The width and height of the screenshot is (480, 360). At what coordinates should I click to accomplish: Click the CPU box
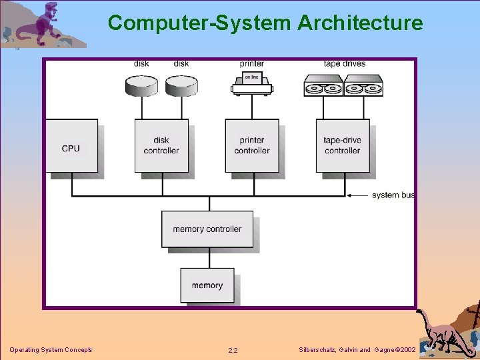71,146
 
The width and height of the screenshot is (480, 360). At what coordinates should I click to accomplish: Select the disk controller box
161,146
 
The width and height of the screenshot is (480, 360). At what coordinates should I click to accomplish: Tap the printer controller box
251,146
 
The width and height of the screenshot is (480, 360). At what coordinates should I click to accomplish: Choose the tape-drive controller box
342,146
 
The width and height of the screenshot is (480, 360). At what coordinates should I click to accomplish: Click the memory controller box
207,229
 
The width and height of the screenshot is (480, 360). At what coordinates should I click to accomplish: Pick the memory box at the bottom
207,285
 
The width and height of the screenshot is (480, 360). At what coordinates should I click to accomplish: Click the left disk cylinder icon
141,85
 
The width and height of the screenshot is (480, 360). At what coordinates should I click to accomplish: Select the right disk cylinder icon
181,85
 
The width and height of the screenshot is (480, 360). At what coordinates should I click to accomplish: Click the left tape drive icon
323,85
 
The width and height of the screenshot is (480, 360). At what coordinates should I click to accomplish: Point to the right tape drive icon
363,85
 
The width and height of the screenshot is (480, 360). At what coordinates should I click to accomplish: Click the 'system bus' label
393,195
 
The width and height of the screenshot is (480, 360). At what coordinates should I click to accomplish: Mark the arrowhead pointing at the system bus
350,195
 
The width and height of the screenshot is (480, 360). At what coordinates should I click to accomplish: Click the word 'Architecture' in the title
360,23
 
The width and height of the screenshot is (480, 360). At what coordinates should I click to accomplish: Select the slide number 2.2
233,350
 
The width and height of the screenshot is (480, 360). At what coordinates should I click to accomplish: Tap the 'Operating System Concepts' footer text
51,350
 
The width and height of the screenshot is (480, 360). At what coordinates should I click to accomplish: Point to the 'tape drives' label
344,64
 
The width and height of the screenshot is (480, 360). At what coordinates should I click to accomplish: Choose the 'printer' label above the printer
251,64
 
